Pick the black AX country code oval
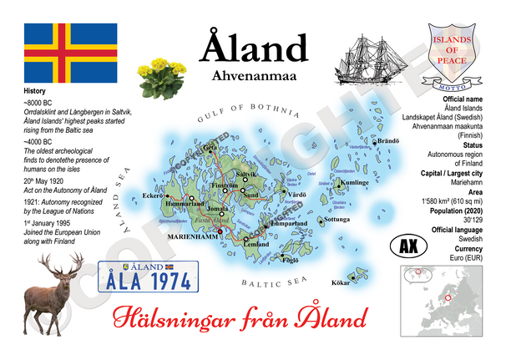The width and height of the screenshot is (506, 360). [x=409, y=248]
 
